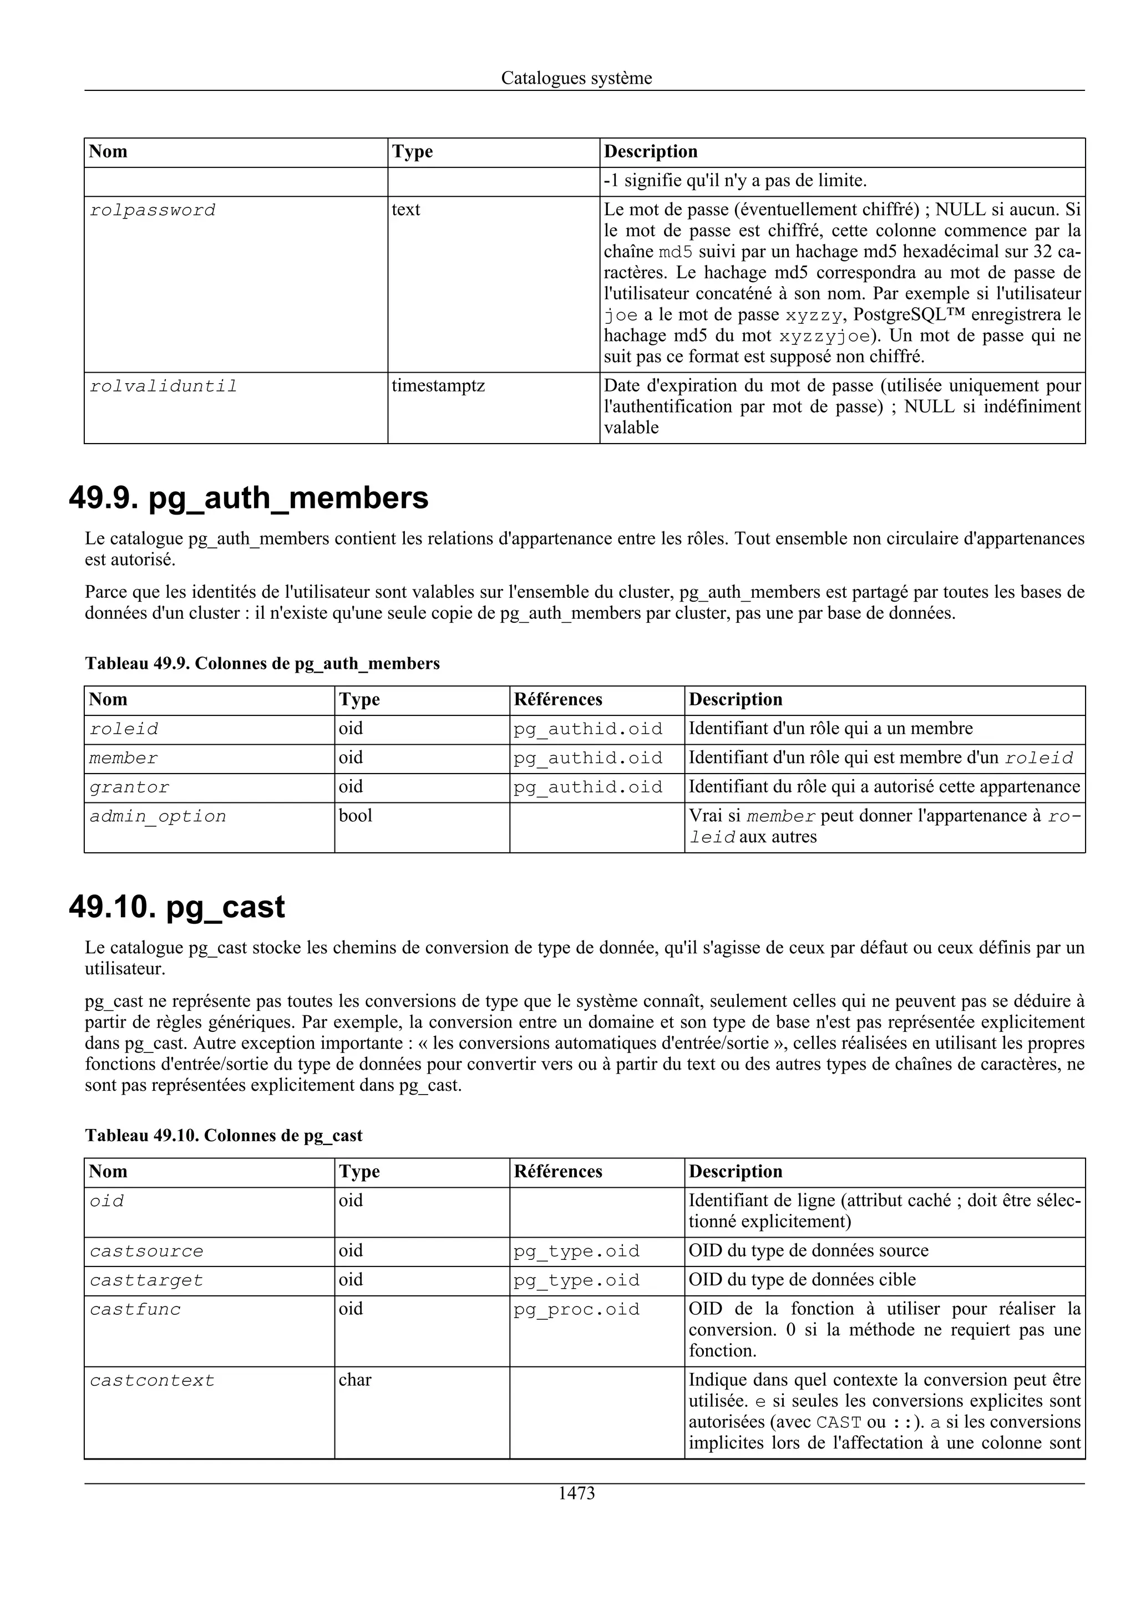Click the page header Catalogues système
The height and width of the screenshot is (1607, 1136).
click(576, 78)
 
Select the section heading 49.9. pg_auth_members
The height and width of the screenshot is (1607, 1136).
click(248, 499)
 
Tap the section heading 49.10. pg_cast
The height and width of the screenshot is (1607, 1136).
click(176, 907)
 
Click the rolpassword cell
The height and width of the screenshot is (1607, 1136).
click(153, 210)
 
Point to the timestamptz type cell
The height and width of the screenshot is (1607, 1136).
click(438, 385)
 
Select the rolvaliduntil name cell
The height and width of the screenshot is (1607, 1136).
click(163, 387)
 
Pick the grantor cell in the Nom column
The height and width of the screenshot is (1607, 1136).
click(129, 787)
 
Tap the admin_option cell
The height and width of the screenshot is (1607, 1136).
click(158, 817)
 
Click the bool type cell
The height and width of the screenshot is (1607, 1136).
click(355, 816)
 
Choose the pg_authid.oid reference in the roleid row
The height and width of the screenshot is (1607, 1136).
click(587, 729)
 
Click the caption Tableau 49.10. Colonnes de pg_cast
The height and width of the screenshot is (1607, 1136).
click(224, 1135)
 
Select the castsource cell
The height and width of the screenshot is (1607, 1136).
click(146, 1252)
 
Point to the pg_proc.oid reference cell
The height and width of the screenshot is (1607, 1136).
click(576, 1310)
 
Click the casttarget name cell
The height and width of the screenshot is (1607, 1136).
click(146, 1280)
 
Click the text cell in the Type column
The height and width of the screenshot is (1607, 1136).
click(405, 210)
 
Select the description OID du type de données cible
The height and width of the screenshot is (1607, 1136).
click(802, 1280)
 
